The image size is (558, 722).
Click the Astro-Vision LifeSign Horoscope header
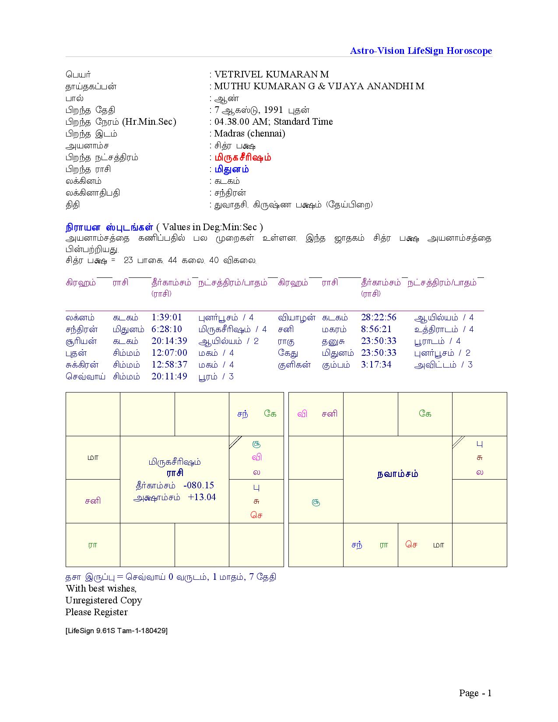[x=421, y=51]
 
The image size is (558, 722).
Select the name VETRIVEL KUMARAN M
[x=271, y=74]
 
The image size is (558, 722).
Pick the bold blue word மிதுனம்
[x=232, y=169]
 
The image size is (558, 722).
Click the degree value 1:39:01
[x=166, y=317]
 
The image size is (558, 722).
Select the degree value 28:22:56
[x=379, y=317]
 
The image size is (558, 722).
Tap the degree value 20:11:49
[x=169, y=376]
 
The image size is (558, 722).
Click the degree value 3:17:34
[x=376, y=365]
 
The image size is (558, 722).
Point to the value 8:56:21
[x=376, y=329]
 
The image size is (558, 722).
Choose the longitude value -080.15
[x=199, y=485]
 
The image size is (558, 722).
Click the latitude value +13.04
[x=202, y=497]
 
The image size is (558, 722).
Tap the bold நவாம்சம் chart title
[x=397, y=474]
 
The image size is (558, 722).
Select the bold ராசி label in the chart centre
[x=175, y=473]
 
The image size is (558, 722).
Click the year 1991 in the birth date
[x=274, y=110]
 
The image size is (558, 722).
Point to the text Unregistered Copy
[x=104, y=600]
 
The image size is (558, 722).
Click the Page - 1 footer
[x=475, y=693]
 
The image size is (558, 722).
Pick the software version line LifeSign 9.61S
[x=116, y=631]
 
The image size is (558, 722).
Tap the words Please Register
[x=97, y=612]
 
